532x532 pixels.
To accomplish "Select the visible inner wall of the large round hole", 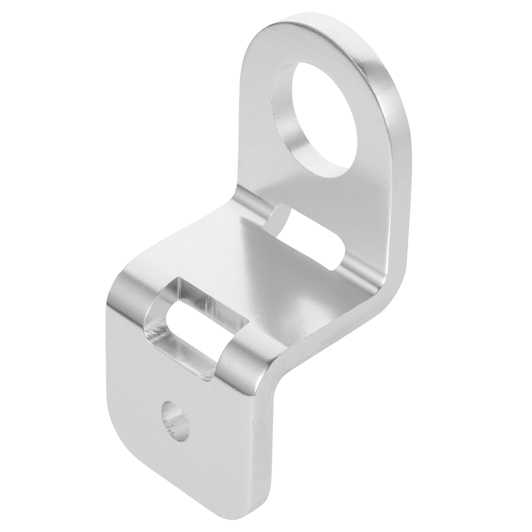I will [293, 133].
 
